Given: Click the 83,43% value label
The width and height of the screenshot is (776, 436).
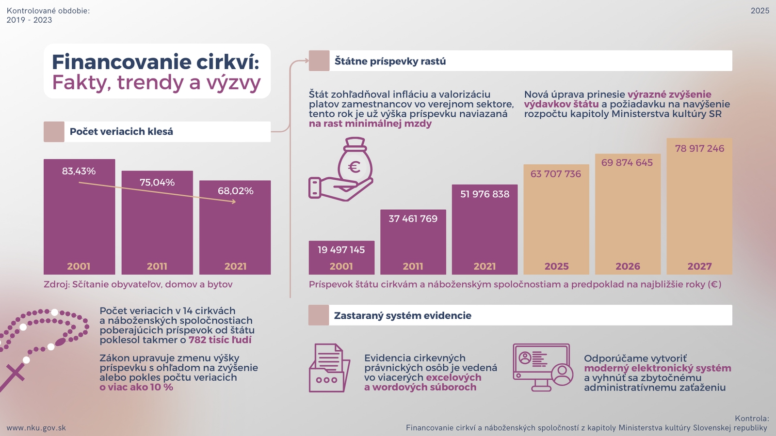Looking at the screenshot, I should (x=79, y=171).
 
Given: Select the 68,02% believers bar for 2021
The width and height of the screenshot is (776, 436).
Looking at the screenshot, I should (x=235, y=233).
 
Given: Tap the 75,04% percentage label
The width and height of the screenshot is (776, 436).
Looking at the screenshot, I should (x=157, y=183).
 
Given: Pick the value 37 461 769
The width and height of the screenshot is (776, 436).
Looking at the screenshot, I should (x=413, y=219).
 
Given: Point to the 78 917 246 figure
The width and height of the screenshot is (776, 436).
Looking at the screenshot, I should (x=699, y=149).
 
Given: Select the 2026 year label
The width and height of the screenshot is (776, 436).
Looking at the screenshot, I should (x=628, y=266).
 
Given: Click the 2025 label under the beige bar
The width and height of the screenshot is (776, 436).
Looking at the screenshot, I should (x=556, y=266).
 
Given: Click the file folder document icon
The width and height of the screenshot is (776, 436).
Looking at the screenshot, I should (x=329, y=368).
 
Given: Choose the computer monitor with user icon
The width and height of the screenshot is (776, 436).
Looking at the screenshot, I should (x=543, y=368).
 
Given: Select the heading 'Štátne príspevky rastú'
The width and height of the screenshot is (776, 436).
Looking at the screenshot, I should (x=390, y=62).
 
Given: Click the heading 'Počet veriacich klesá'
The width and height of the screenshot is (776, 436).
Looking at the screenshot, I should (x=121, y=132).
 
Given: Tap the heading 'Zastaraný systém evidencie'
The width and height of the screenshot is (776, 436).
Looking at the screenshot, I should (x=403, y=316).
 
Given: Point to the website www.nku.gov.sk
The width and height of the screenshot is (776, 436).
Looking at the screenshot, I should (x=36, y=428).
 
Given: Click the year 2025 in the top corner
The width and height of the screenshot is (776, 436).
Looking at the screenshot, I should (x=760, y=11).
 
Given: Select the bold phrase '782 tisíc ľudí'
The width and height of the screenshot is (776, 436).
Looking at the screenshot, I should (x=220, y=340).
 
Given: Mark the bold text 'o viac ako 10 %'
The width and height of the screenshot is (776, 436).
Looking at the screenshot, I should (x=136, y=387).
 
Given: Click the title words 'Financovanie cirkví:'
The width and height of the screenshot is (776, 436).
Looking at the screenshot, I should (x=155, y=62).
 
